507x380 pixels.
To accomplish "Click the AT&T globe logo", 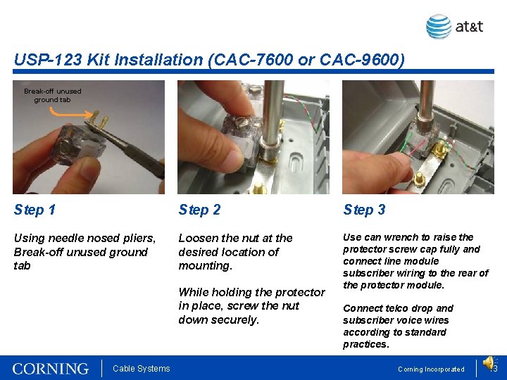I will (x=439, y=27).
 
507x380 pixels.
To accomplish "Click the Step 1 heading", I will (x=35, y=210).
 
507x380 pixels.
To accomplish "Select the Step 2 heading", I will (x=199, y=210).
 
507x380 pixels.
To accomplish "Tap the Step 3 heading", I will (x=364, y=210).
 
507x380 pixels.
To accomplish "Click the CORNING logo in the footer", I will (x=51, y=369).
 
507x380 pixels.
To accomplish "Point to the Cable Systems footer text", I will (x=142, y=368).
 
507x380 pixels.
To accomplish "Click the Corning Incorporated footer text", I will (x=431, y=369).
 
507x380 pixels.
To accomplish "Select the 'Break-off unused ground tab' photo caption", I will (x=53, y=95).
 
